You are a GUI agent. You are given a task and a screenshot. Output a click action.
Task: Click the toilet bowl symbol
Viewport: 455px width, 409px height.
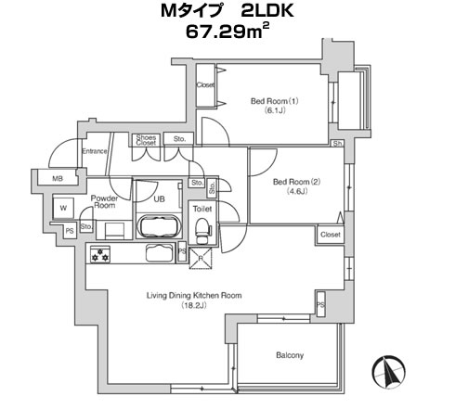[203, 230]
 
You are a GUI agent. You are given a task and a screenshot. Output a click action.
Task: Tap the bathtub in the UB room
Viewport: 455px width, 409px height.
[159, 226]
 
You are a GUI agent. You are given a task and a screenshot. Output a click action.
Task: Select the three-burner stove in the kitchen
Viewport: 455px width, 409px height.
[100, 254]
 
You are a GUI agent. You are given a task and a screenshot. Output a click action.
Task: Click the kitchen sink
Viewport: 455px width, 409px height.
[159, 253]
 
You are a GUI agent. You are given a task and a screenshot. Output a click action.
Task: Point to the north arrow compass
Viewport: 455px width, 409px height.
[389, 372]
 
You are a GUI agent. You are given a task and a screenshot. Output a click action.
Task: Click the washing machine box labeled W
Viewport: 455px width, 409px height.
[63, 208]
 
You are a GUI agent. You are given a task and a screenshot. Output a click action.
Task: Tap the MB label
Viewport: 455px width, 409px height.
[58, 178]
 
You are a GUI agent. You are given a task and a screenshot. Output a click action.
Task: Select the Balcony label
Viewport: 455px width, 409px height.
[290, 355]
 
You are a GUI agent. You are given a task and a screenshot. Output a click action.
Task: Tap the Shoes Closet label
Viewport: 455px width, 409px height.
[146, 140]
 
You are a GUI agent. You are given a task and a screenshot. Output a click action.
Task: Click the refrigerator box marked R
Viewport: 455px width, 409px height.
[201, 259]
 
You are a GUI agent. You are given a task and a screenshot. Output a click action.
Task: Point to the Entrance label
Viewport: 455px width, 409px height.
[95, 151]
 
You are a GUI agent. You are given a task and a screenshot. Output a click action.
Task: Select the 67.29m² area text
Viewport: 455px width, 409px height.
[227, 31]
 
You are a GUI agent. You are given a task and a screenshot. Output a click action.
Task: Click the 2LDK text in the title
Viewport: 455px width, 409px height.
[266, 11]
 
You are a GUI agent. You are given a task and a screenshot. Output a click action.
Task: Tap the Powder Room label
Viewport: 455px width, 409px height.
[104, 201]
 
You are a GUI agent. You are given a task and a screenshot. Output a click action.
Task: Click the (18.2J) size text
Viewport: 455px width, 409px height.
[194, 305]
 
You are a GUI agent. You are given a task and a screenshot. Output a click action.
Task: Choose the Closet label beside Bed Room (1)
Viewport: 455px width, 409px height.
[205, 84]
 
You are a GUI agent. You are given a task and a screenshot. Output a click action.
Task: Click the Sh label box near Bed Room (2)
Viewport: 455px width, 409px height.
[337, 144]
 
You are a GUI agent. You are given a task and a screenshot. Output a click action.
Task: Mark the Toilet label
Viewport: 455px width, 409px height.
[202, 209]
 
